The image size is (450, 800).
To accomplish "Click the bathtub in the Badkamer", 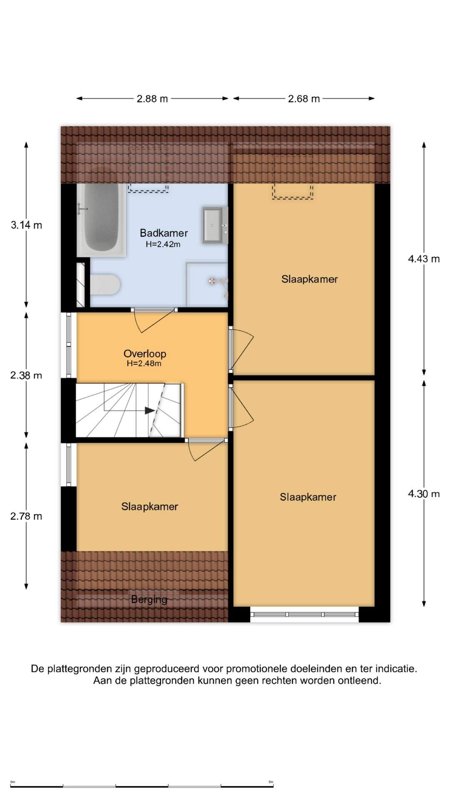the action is pyautogui.click(x=101, y=220).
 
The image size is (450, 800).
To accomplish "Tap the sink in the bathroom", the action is pyautogui.click(x=215, y=225).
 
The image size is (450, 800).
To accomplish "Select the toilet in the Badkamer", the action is pyautogui.click(x=105, y=285).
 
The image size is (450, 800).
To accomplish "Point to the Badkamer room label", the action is pyautogui.click(x=164, y=233).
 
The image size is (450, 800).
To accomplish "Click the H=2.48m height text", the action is pyautogui.click(x=144, y=363).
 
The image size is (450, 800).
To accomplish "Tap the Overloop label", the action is pyautogui.click(x=145, y=354).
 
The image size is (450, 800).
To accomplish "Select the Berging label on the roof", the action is pyautogui.click(x=149, y=600).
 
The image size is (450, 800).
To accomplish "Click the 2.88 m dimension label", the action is pyautogui.click(x=152, y=99).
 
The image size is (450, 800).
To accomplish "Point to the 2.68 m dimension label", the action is pyautogui.click(x=304, y=99).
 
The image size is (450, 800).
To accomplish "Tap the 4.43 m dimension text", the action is pyautogui.click(x=424, y=259).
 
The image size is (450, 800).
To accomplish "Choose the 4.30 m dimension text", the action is pyautogui.click(x=424, y=494).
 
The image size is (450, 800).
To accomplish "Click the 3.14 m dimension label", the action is pyautogui.click(x=26, y=225).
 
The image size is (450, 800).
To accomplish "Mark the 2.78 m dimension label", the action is pyautogui.click(x=26, y=516).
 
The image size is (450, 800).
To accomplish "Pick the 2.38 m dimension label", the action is pyautogui.click(x=26, y=375).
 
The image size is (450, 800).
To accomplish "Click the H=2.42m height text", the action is pyautogui.click(x=163, y=245).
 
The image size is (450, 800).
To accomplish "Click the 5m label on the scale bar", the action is pyautogui.click(x=271, y=782).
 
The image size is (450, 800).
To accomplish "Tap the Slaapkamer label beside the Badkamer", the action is pyautogui.click(x=309, y=279).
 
